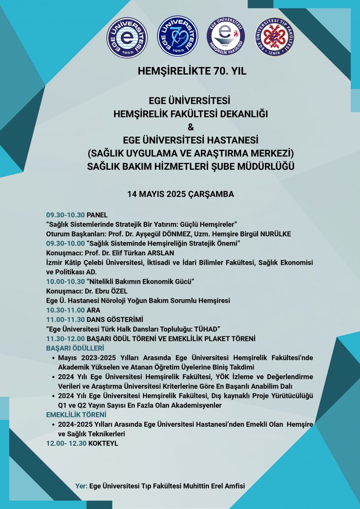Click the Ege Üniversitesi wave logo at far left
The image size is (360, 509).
click(127, 37)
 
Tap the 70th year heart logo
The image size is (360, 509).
click(177, 36)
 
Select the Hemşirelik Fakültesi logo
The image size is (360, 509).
click(226, 37)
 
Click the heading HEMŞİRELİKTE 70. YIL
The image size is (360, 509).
click(192, 71)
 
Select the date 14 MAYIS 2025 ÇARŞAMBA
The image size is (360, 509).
click(181, 194)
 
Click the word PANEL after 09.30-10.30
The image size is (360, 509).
click(97, 215)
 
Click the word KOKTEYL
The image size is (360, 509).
click(103, 443)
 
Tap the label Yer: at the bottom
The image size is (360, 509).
click(81, 486)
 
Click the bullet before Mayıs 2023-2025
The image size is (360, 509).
click(53, 358)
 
